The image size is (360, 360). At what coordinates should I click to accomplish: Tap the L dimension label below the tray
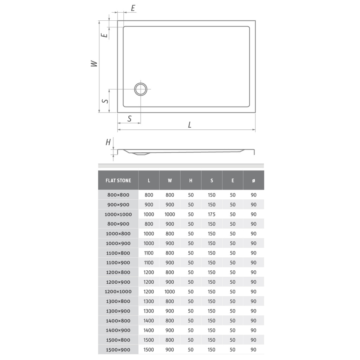(189, 125)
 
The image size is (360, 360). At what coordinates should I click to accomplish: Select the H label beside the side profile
(108, 142)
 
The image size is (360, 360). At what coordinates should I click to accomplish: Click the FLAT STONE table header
(118, 180)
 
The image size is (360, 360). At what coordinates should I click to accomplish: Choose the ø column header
(253, 180)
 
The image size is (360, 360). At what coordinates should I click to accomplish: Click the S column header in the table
(212, 180)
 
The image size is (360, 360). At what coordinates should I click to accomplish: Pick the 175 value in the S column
(212, 214)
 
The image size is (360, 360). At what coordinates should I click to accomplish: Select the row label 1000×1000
(118, 214)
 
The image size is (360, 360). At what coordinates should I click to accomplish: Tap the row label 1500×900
(118, 350)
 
